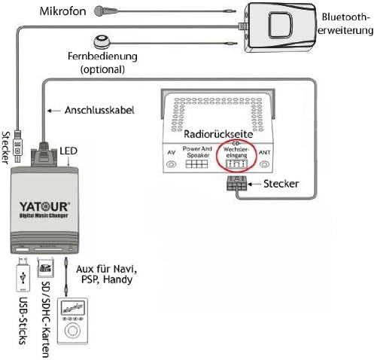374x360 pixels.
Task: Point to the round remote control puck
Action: [101, 43]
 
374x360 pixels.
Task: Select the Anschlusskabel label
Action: [100, 110]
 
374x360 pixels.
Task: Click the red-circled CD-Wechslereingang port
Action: [236, 155]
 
